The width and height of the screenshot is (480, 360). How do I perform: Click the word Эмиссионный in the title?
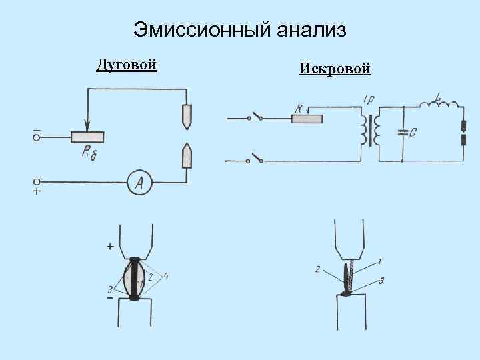pyautogui.click(x=193, y=30)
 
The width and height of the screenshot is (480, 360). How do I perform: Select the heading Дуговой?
pyautogui.click(x=127, y=65)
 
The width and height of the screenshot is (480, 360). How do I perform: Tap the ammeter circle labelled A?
pyautogui.click(x=140, y=181)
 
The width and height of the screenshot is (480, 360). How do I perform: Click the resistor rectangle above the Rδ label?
pyautogui.click(x=87, y=136)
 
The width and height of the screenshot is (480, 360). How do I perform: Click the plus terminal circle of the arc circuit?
pyautogui.click(x=37, y=181)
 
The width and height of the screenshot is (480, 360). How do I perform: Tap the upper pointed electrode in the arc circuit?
pyautogui.click(x=187, y=116)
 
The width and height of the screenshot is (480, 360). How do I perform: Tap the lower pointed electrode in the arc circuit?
pyautogui.click(x=187, y=157)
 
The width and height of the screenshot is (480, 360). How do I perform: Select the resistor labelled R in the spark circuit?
pyautogui.click(x=307, y=119)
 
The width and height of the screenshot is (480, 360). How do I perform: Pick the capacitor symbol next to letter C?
pyautogui.click(x=402, y=133)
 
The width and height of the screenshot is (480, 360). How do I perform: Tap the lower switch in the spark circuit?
pyautogui.click(x=255, y=159)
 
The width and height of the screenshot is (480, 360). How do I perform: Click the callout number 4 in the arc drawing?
pyautogui.click(x=166, y=274)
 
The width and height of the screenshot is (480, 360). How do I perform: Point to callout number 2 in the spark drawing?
pyautogui.click(x=318, y=270)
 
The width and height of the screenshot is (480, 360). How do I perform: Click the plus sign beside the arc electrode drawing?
pyautogui.click(x=109, y=247)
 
